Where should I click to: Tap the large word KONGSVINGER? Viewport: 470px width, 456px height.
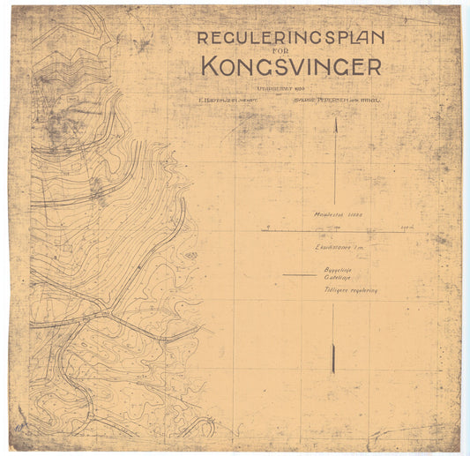(291, 66)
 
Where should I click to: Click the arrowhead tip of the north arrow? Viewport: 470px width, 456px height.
(335, 118)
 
